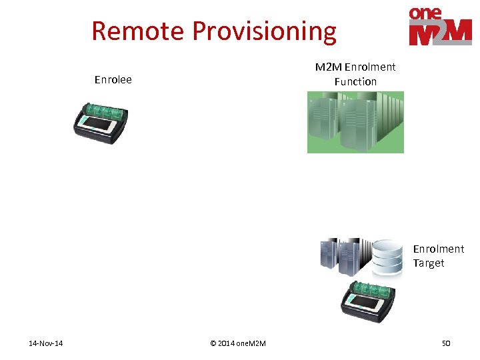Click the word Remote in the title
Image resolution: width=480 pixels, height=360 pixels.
point(138,31)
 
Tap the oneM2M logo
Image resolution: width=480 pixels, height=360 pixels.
point(439,26)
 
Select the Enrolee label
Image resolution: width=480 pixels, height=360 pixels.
point(113,80)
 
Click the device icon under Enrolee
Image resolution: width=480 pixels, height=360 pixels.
point(100,120)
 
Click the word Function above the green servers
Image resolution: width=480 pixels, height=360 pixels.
point(355,81)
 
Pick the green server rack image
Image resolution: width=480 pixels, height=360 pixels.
point(355,122)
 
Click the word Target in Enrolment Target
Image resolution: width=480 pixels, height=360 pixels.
point(428,263)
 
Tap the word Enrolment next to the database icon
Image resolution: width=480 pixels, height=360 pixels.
point(438,249)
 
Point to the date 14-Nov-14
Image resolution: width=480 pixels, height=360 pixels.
point(46,343)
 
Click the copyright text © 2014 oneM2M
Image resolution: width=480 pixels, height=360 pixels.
point(238,343)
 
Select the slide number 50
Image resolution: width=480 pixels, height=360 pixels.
point(446,343)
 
